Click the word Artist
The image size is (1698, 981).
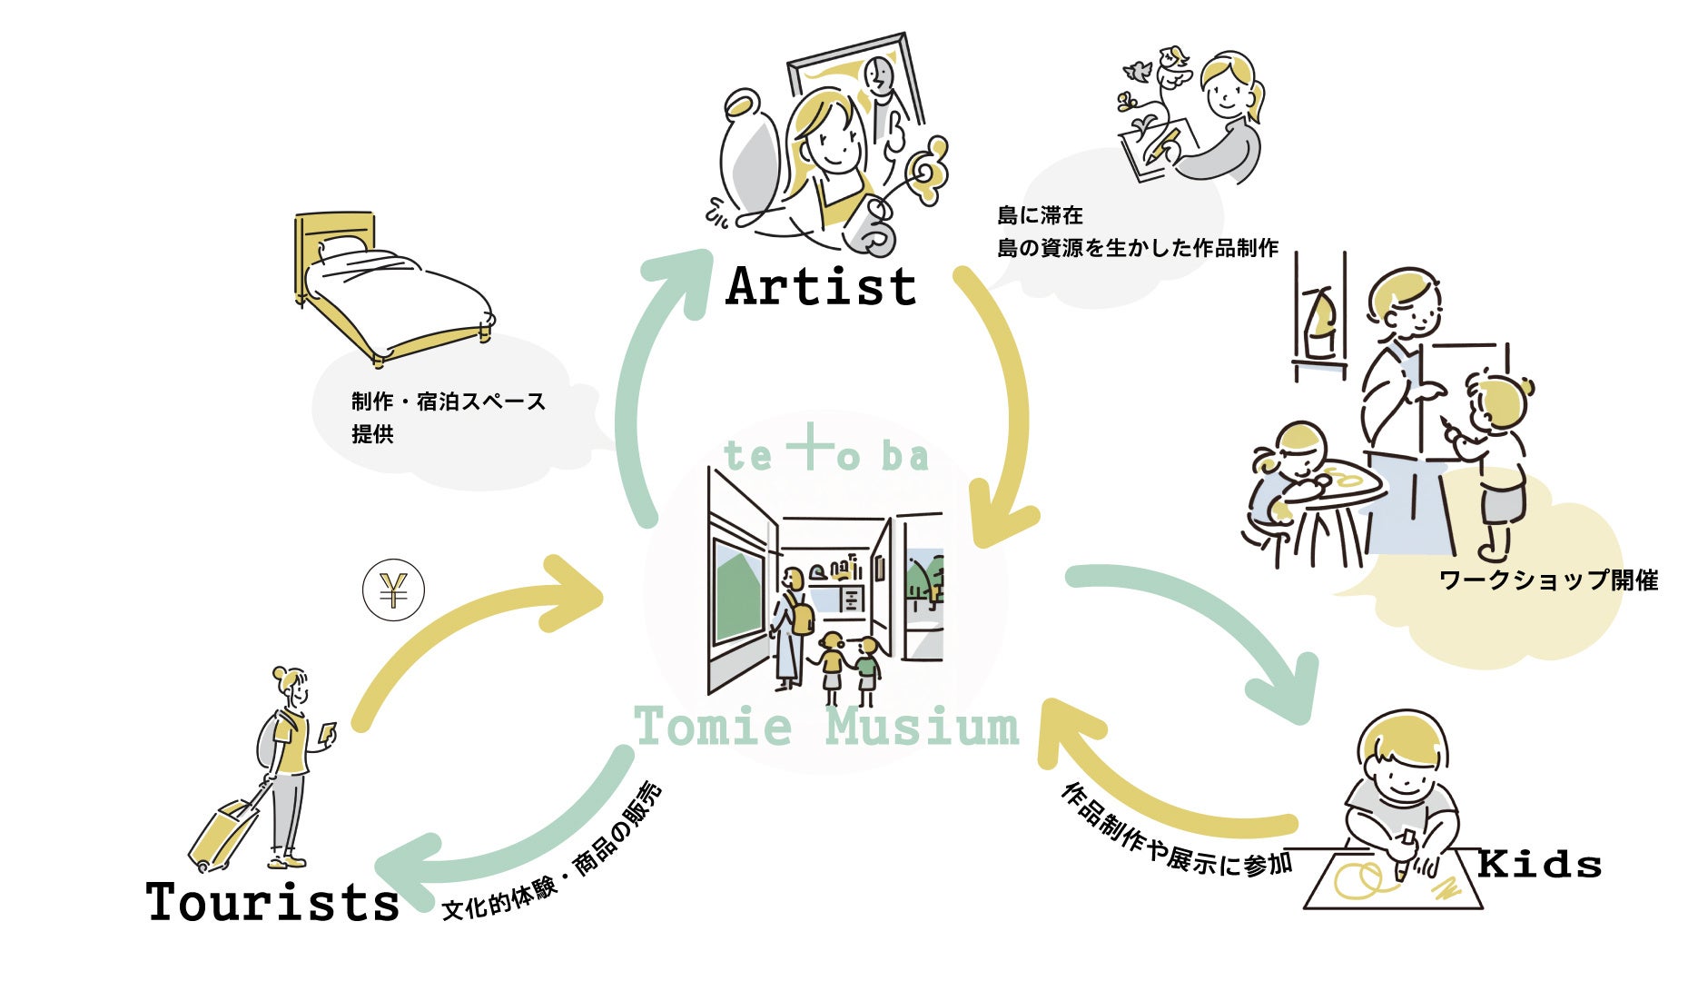coord(821,286)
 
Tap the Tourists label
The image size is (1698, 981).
coord(272,901)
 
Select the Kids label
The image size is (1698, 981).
coord(1539,863)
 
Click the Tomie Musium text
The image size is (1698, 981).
coord(826,727)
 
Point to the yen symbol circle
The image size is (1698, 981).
coord(393,591)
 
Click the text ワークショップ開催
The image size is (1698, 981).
coord(1548,580)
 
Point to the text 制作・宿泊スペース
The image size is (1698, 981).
coord(449,401)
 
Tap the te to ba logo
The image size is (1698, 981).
coord(825,453)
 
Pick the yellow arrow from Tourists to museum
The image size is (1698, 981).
coord(454,636)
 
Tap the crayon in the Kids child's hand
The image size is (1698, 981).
coord(1405,854)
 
